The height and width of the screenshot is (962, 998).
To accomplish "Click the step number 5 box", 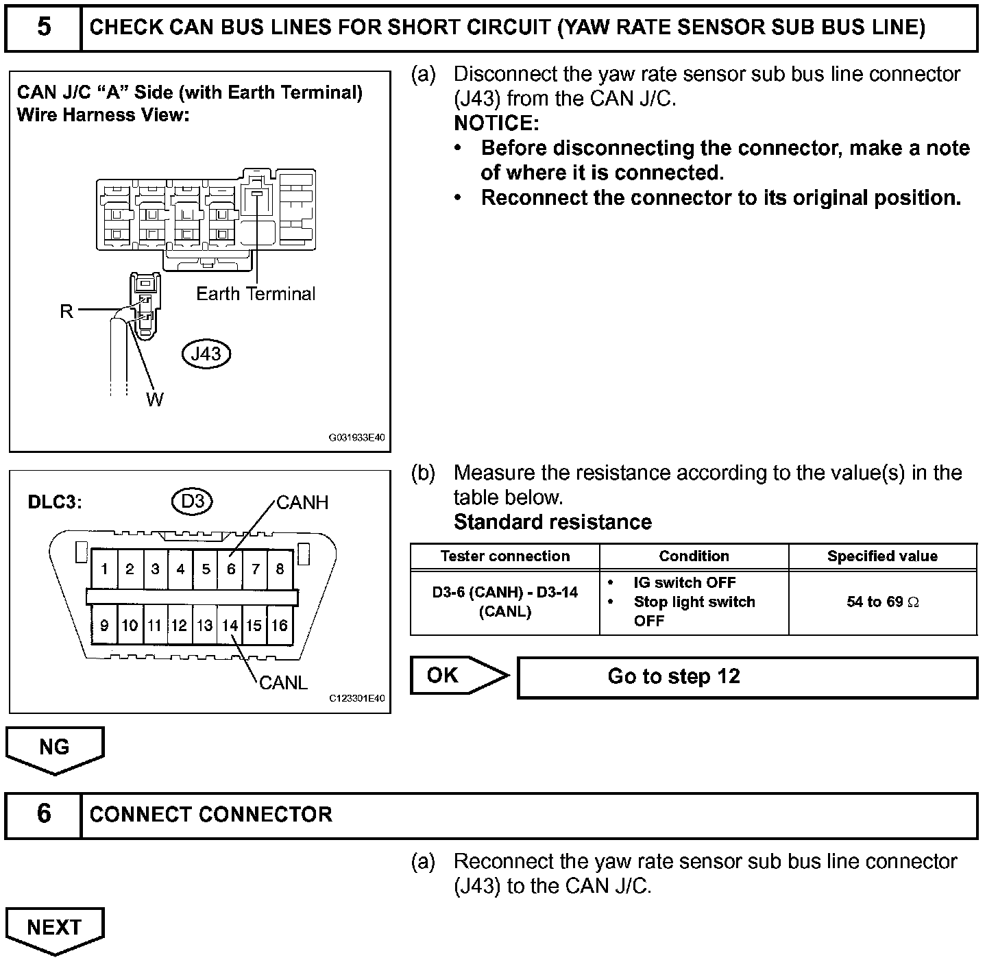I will (x=43, y=27).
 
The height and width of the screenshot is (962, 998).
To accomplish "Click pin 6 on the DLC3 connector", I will (x=231, y=569).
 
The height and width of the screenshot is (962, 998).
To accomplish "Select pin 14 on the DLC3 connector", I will (x=230, y=626).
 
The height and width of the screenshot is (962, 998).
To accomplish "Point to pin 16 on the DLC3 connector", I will (x=280, y=626).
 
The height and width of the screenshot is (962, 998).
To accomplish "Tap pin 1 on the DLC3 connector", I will (x=104, y=569).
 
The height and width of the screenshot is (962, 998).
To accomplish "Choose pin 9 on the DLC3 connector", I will (x=104, y=626).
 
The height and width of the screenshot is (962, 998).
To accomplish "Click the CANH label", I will (x=302, y=503).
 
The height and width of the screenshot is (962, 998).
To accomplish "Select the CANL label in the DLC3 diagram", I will (x=283, y=682).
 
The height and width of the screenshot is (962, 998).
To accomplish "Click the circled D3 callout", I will (x=192, y=502).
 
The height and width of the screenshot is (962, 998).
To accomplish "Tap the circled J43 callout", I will (x=206, y=354).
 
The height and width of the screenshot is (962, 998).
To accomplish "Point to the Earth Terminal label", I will (x=256, y=294).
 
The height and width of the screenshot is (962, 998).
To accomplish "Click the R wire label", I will (x=66, y=312).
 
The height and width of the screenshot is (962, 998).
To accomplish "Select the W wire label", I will (x=155, y=399).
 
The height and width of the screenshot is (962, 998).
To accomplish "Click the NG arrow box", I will (x=55, y=748).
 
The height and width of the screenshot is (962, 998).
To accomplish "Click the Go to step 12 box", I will (x=747, y=677).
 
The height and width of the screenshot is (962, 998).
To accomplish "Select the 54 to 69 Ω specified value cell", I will (x=882, y=602).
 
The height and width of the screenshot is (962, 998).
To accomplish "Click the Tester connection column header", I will (x=505, y=556).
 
